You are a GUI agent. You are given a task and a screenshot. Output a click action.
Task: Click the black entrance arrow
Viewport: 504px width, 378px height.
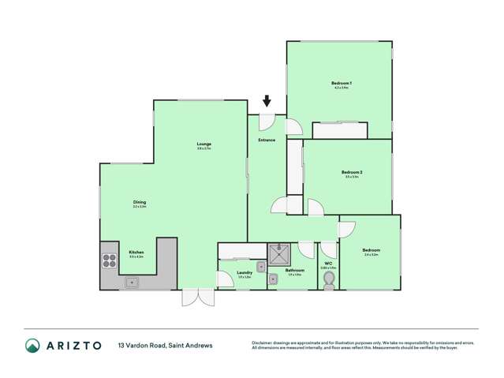(267, 101)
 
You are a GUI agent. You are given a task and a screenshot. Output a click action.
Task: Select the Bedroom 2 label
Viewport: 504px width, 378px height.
(351, 172)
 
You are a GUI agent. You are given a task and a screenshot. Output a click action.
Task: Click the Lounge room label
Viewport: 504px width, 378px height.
(204, 144)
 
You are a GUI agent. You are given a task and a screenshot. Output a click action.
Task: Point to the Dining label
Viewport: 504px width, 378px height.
(140, 202)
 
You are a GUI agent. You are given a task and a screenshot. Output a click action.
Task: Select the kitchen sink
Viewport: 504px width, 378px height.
(133, 282)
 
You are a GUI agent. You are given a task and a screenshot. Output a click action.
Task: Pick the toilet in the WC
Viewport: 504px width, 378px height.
(329, 281)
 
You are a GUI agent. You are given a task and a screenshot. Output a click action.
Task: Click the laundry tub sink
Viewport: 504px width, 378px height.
(260, 266)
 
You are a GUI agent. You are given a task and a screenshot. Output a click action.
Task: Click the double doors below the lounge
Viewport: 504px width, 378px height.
(196, 298)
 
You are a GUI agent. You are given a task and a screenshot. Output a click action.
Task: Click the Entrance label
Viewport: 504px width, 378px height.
(266, 140)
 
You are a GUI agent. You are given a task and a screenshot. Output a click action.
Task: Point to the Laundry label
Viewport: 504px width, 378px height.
(245, 273)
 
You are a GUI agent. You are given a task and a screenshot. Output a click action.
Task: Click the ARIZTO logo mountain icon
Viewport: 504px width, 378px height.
(32, 345)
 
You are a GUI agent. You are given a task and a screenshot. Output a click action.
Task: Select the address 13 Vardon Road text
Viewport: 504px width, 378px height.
(165, 345)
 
